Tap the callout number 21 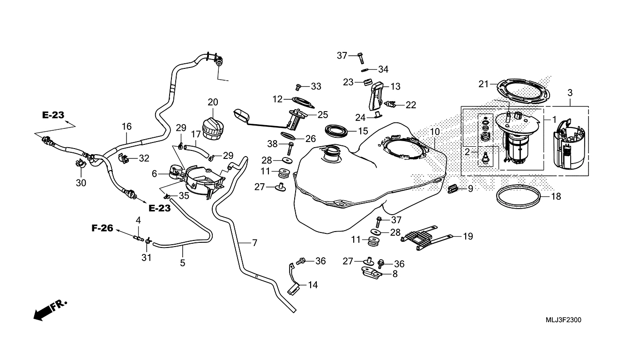(484, 84)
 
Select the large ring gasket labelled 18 (521, 196)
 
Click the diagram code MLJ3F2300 (564, 320)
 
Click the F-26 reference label (102, 228)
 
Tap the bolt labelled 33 (299, 86)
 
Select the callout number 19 (468, 237)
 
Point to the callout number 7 (254, 243)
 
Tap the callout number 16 (127, 127)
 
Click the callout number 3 (570, 93)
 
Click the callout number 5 (182, 263)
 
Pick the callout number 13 (395, 86)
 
